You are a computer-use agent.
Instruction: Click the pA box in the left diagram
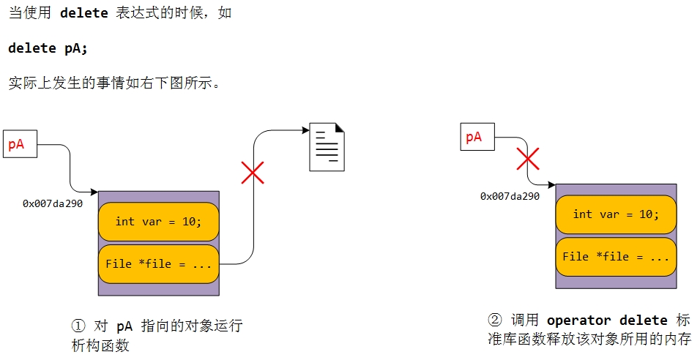[20, 144]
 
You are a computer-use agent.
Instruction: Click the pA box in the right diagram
[477, 137]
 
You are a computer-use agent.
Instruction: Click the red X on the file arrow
[253, 173]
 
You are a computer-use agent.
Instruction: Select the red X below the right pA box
[528, 158]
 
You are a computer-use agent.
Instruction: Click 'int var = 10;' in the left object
[158, 221]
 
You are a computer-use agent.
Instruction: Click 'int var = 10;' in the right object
[616, 214]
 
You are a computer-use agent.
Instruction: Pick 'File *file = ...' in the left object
[158, 263]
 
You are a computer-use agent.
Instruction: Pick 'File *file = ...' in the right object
[616, 256]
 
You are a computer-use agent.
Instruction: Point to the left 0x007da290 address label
[53, 203]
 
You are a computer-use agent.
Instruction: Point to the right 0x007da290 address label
[510, 196]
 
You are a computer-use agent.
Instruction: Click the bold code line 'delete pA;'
[48, 48]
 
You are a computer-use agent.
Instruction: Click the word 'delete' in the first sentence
[83, 13]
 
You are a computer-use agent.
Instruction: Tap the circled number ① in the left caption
[78, 326]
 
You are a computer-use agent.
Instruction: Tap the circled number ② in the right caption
[496, 320]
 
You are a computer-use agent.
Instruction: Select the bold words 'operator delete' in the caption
[607, 320]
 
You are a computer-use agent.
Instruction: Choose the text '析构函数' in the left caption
[98, 344]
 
